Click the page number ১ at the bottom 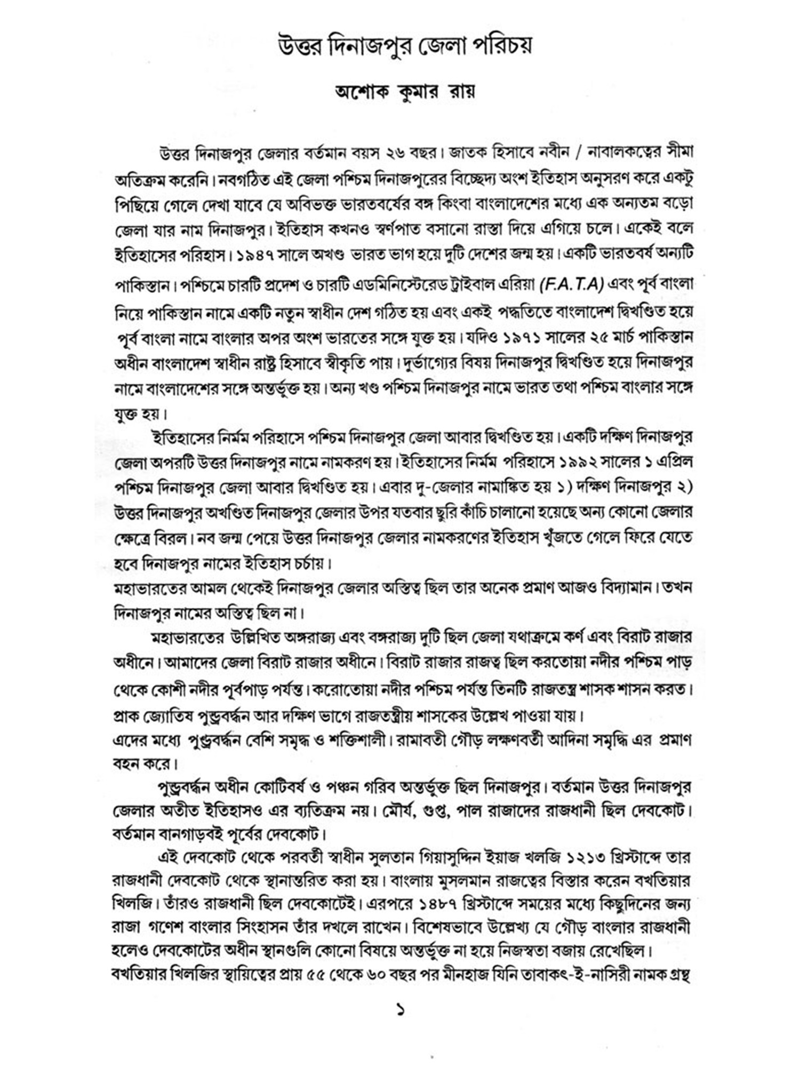coord(401,1009)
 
